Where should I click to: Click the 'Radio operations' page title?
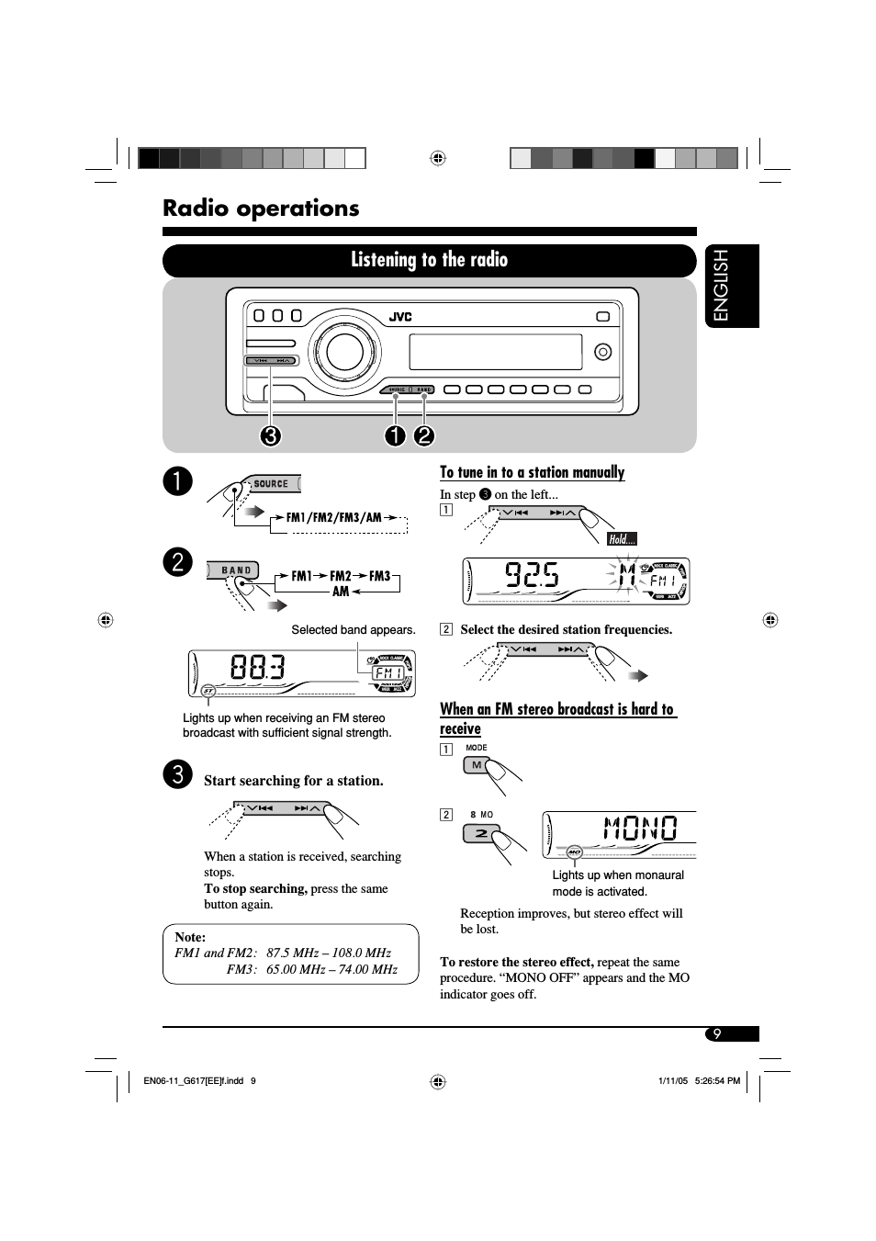point(261,209)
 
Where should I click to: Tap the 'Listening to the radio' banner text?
point(429,260)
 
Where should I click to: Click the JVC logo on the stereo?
point(400,317)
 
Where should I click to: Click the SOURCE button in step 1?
point(271,484)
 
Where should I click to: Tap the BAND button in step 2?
point(235,570)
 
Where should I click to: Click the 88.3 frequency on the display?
point(258,668)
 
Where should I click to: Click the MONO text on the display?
point(640,829)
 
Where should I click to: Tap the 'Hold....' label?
point(622,539)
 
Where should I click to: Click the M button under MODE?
point(477,765)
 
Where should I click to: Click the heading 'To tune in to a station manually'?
point(532,472)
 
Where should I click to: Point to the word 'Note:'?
point(190,937)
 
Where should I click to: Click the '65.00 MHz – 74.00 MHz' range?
point(331,969)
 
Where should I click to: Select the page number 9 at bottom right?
point(717,1034)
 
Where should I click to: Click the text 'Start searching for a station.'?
point(294,781)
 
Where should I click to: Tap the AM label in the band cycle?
point(341,592)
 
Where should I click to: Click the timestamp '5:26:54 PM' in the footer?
point(718,1081)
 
